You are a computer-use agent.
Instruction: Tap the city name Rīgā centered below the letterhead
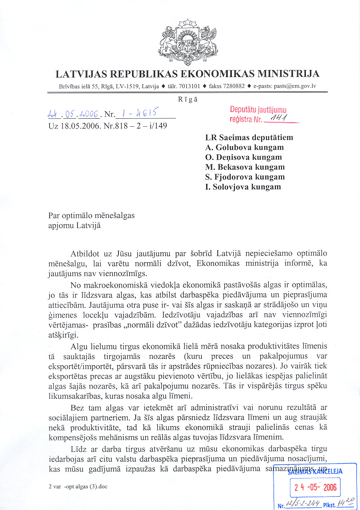click(x=188, y=99)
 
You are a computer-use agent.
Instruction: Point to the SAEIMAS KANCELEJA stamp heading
click(x=315, y=472)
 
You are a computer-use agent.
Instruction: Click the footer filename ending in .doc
click(x=78, y=487)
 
